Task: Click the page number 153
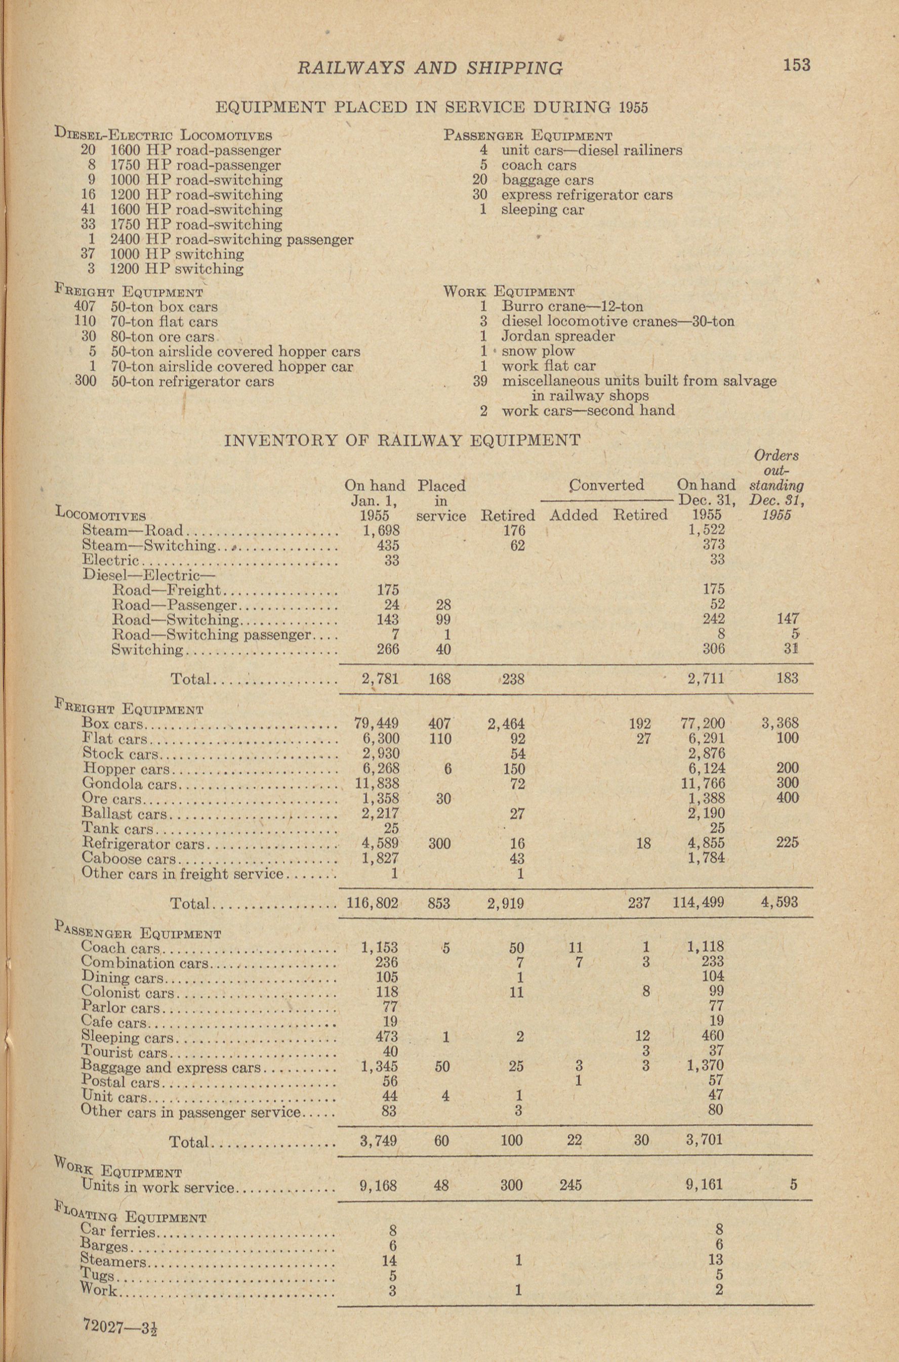coord(796,65)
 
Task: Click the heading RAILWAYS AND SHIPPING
coord(430,68)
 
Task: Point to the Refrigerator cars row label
coord(143,843)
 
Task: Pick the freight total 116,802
coord(372,903)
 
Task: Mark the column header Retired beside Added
coord(640,515)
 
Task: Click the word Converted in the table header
coord(606,485)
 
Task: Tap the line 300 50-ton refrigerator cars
coord(175,381)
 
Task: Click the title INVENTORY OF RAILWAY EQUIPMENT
coord(402,440)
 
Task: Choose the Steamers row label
coord(113,1261)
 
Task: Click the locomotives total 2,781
coord(380,679)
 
